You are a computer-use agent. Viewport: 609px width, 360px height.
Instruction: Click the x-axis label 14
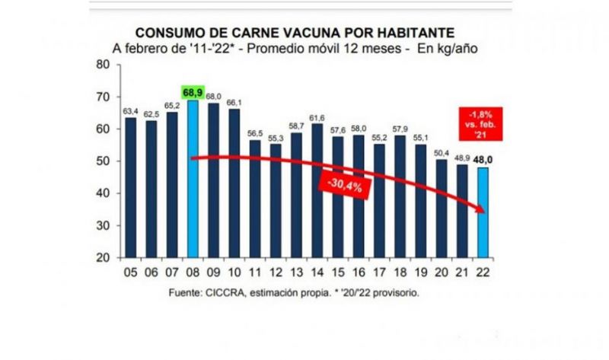pyautogui.click(x=317, y=273)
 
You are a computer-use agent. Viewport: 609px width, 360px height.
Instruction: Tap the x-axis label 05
pyautogui.click(x=131, y=273)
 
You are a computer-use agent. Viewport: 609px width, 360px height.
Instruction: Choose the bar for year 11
pyautogui.click(x=254, y=199)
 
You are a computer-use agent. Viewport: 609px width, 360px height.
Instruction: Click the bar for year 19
pyautogui.click(x=420, y=201)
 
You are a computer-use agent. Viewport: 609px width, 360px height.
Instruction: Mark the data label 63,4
pyautogui.click(x=131, y=111)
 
